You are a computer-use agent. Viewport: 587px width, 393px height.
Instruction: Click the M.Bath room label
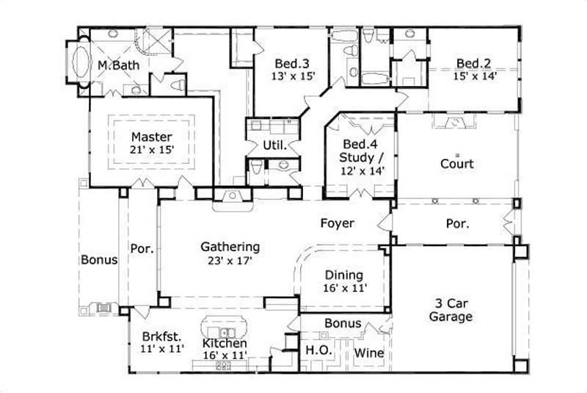tap(118, 65)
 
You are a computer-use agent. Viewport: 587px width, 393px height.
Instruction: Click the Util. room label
tap(274, 145)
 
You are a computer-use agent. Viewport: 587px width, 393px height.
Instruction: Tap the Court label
tap(456, 164)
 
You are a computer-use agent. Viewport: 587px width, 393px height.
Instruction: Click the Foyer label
tap(338, 223)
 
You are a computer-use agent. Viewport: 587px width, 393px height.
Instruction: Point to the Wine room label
tap(369, 353)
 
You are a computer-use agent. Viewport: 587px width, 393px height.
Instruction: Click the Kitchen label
tap(225, 343)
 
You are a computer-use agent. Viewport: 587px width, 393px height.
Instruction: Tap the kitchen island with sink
tap(224, 325)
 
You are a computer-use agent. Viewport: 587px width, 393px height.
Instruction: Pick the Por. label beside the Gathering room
tap(142, 249)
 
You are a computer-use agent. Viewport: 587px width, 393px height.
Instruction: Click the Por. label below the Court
tap(458, 223)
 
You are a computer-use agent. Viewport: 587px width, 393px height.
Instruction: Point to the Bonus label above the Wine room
tap(343, 323)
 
